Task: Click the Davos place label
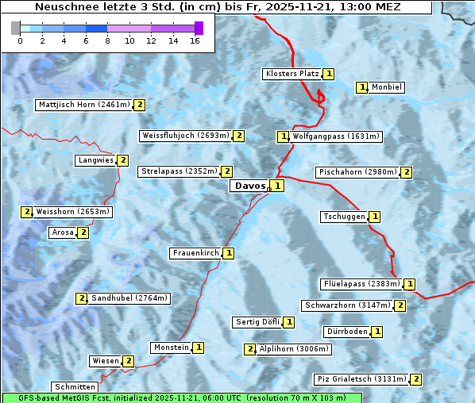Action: (x=249, y=186)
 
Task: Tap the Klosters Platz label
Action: (x=292, y=74)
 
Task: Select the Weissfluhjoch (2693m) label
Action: (x=186, y=136)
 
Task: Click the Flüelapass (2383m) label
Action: (x=361, y=283)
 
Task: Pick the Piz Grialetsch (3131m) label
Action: (x=361, y=379)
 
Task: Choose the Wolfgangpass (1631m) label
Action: (x=336, y=136)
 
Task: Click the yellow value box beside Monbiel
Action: (x=362, y=87)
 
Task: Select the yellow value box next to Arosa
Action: (x=83, y=232)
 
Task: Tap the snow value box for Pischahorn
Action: (x=407, y=172)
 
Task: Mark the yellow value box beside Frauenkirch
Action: (x=229, y=253)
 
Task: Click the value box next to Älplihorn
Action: (x=249, y=349)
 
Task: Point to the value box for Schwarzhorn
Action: (x=400, y=305)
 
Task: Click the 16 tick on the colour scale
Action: (x=194, y=40)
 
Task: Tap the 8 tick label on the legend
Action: (x=107, y=40)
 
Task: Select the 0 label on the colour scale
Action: (x=20, y=40)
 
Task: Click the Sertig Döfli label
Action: (x=258, y=322)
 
